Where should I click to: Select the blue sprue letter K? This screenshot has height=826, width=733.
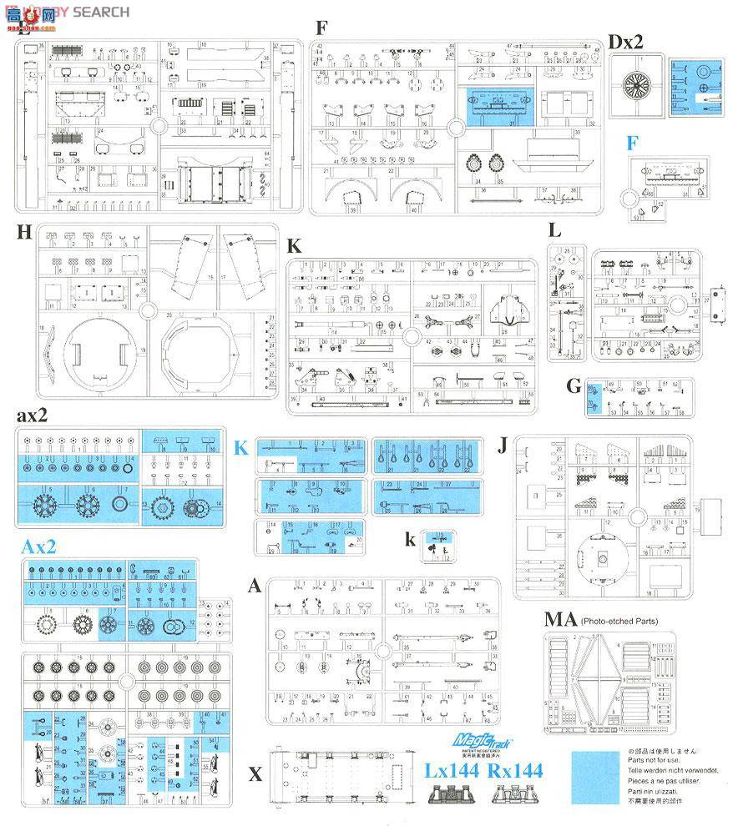tap(241, 448)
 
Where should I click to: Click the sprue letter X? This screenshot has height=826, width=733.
tap(255, 774)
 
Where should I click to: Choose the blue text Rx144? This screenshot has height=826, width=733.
tap(513, 770)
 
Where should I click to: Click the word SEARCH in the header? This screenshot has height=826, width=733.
tap(101, 11)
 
